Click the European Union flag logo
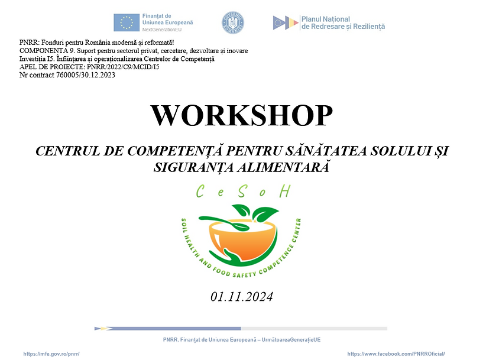[x=127, y=22]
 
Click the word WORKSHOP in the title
[x=241, y=115]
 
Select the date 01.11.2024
[x=241, y=296]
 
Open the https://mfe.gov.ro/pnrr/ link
[x=51, y=353]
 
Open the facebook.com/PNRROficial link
[x=396, y=353]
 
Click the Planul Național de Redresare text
[x=343, y=22]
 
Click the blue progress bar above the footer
[x=171, y=328]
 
